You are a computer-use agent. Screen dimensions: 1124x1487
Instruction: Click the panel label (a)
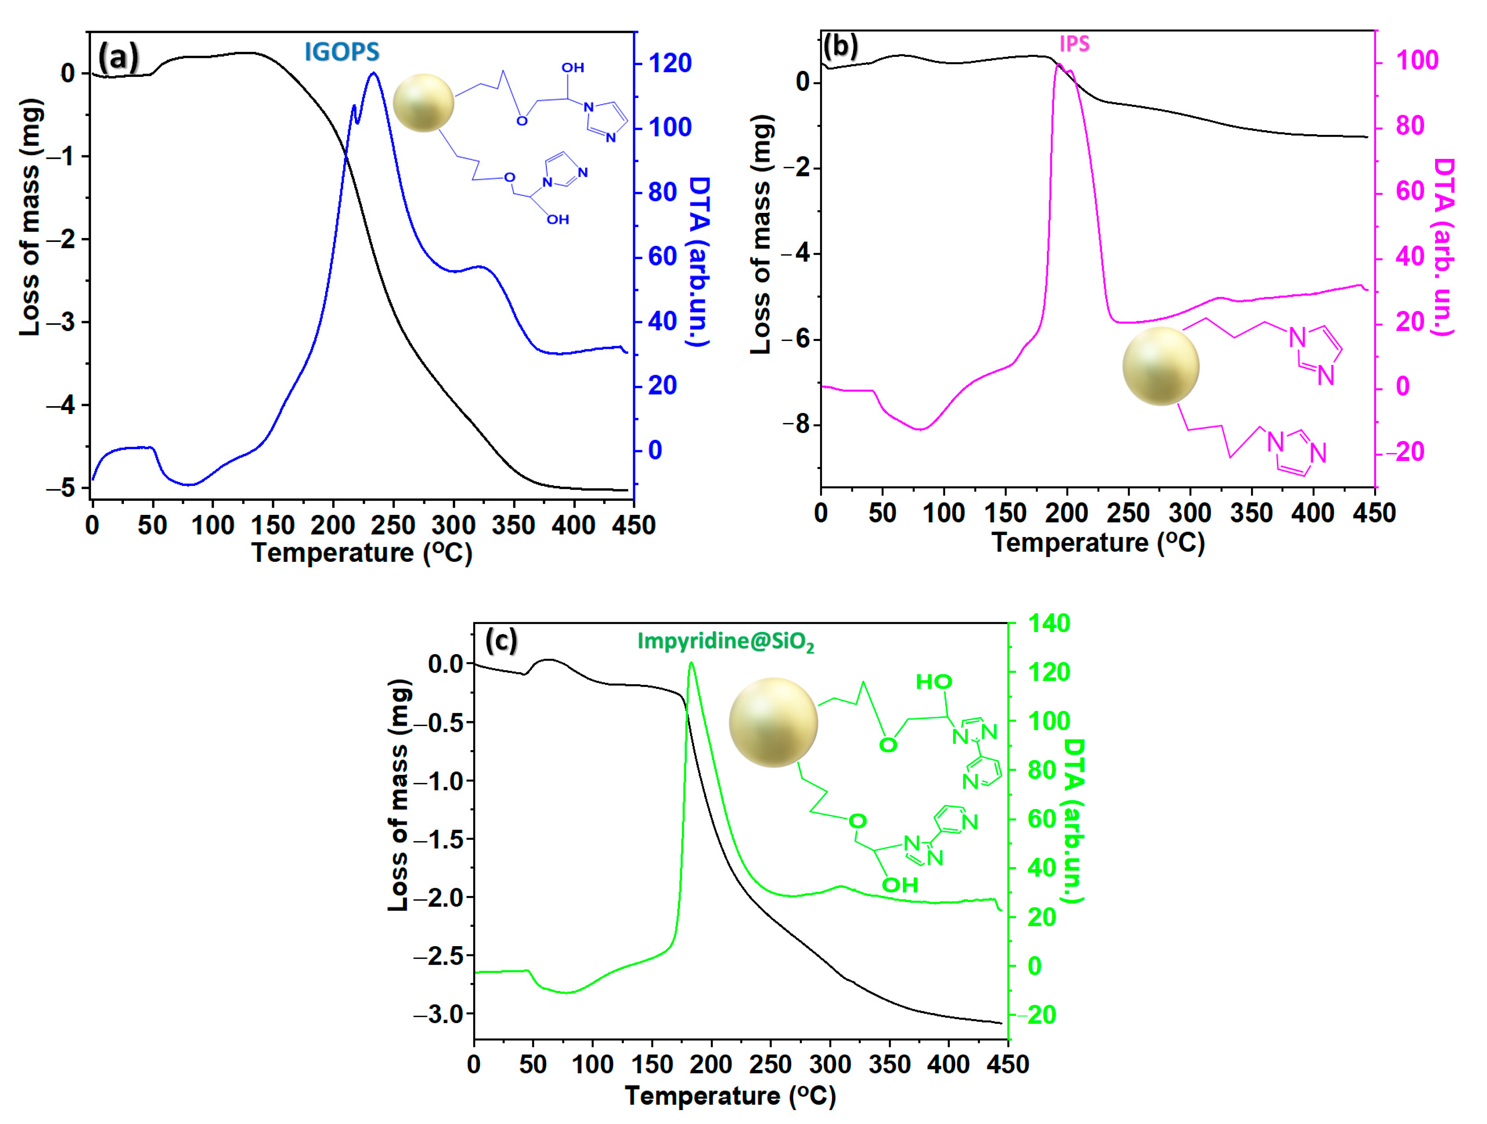[x=118, y=57]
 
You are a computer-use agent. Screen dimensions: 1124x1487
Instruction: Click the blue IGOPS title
[x=342, y=52]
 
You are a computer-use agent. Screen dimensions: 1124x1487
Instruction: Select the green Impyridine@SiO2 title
[x=725, y=642]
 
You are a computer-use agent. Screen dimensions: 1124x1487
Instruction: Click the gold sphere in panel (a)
[x=424, y=103]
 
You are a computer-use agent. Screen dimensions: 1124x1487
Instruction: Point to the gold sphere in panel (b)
[x=1160, y=366]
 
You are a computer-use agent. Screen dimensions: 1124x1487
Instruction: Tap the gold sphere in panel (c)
[x=773, y=722]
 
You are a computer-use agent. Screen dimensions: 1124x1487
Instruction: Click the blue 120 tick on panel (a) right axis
[x=670, y=63]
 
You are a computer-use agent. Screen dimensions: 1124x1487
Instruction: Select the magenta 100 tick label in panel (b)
[x=1417, y=60]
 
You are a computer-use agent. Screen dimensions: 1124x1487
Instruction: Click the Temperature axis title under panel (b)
[x=1098, y=543]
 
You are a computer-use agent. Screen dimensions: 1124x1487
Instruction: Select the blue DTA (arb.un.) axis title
[x=699, y=262]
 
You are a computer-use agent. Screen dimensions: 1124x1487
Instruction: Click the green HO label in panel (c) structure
[x=934, y=682]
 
